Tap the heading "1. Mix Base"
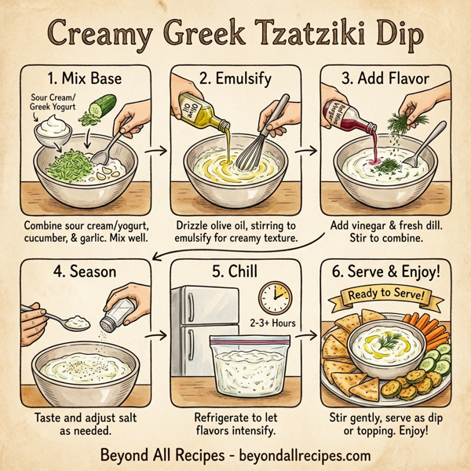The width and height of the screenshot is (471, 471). (86, 79)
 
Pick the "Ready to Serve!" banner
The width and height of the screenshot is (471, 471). (385, 297)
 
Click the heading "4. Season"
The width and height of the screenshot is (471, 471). (86, 273)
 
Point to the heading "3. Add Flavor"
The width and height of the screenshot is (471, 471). (385, 79)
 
